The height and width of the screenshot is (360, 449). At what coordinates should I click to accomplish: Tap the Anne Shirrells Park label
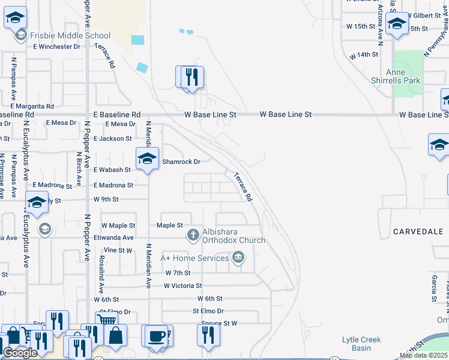point(403,76)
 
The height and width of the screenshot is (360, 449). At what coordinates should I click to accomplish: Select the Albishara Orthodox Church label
point(234,235)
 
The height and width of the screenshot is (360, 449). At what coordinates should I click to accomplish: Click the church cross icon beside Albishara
point(193,235)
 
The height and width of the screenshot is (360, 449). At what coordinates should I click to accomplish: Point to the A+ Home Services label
point(194,258)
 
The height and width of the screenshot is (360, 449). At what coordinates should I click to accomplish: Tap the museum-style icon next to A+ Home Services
point(238,258)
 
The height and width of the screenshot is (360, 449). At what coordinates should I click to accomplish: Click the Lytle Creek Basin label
point(361,344)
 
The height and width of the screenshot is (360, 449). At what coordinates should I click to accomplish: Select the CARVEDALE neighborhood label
point(418,231)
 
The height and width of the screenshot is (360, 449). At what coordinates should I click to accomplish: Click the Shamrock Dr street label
point(180,161)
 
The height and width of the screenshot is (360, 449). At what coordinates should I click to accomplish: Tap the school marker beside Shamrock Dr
point(147,159)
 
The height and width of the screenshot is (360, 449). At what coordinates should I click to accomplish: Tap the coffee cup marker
point(157,336)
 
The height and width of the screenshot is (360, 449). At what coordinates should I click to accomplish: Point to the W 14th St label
point(364,55)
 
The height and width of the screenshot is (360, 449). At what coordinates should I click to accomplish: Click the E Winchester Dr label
point(57,46)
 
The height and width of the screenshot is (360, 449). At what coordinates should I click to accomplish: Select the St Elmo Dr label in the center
point(208,311)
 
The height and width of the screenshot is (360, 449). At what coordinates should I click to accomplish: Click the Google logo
point(20,353)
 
